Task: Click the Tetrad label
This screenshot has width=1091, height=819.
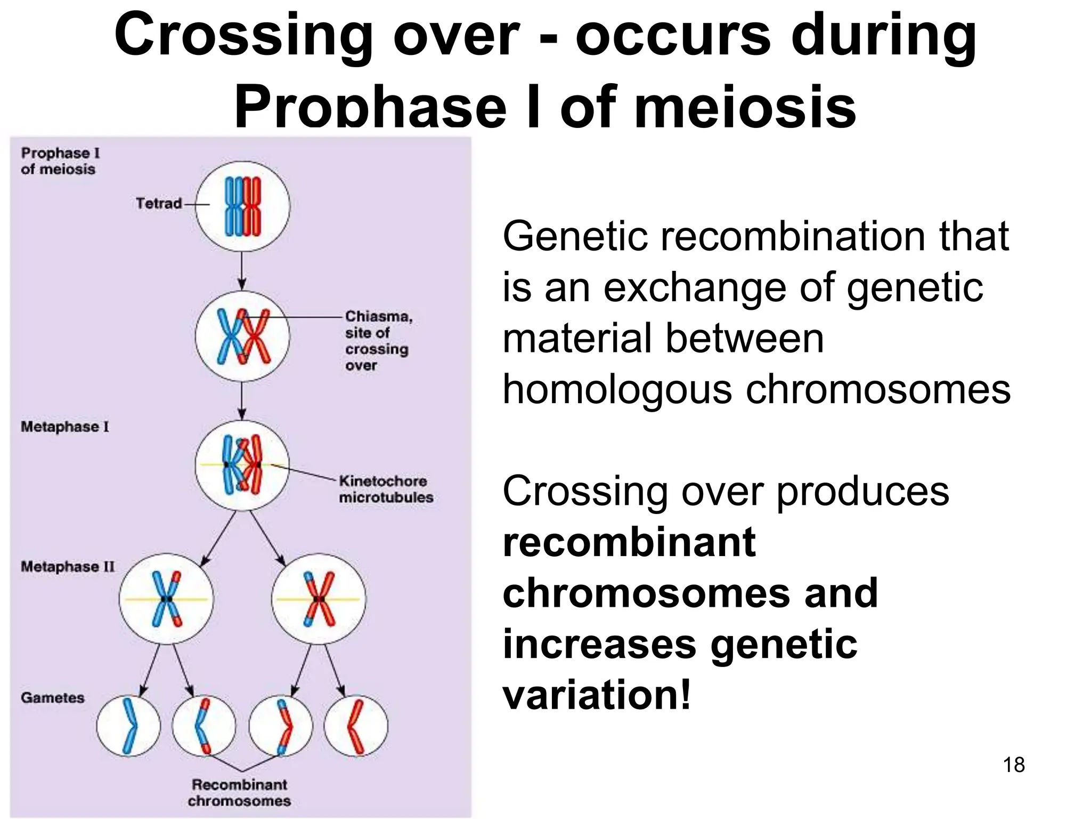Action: coord(158,203)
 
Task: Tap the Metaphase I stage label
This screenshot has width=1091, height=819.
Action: coord(64,427)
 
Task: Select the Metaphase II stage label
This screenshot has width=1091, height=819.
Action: coord(68,566)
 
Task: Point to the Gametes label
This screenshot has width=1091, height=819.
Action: coord(53,697)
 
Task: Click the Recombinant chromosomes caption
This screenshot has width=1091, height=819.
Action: coord(239,792)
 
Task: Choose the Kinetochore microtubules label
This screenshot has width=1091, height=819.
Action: coord(386,489)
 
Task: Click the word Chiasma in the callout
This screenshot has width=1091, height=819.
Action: coord(378,316)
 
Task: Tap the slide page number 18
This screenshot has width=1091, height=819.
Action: coord(1013,765)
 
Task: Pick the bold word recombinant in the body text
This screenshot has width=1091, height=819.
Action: coord(629,542)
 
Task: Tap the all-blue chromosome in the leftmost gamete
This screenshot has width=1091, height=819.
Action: coord(129,726)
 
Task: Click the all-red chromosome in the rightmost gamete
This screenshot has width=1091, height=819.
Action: coord(355,726)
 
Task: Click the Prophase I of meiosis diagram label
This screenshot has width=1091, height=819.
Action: coord(60,160)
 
